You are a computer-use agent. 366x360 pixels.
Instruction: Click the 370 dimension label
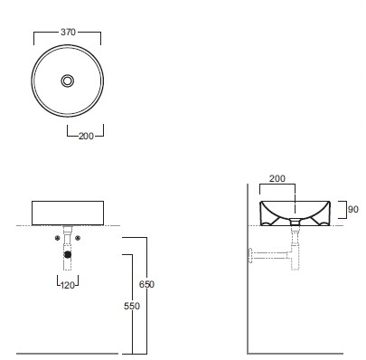(x=68, y=32)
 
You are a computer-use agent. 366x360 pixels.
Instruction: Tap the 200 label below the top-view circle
(x=86, y=136)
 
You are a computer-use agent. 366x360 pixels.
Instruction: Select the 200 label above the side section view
(x=277, y=178)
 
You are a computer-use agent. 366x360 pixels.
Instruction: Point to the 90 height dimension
(x=353, y=209)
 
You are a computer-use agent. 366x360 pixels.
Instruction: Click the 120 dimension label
(x=68, y=285)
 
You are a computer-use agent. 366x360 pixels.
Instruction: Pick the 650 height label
(x=146, y=284)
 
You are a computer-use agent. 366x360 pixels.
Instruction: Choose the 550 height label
(x=132, y=306)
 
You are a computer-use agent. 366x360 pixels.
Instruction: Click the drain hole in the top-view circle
(x=68, y=81)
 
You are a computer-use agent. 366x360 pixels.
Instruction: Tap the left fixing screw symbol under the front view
(x=58, y=238)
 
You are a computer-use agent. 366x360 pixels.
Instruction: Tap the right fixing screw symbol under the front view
(x=78, y=238)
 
